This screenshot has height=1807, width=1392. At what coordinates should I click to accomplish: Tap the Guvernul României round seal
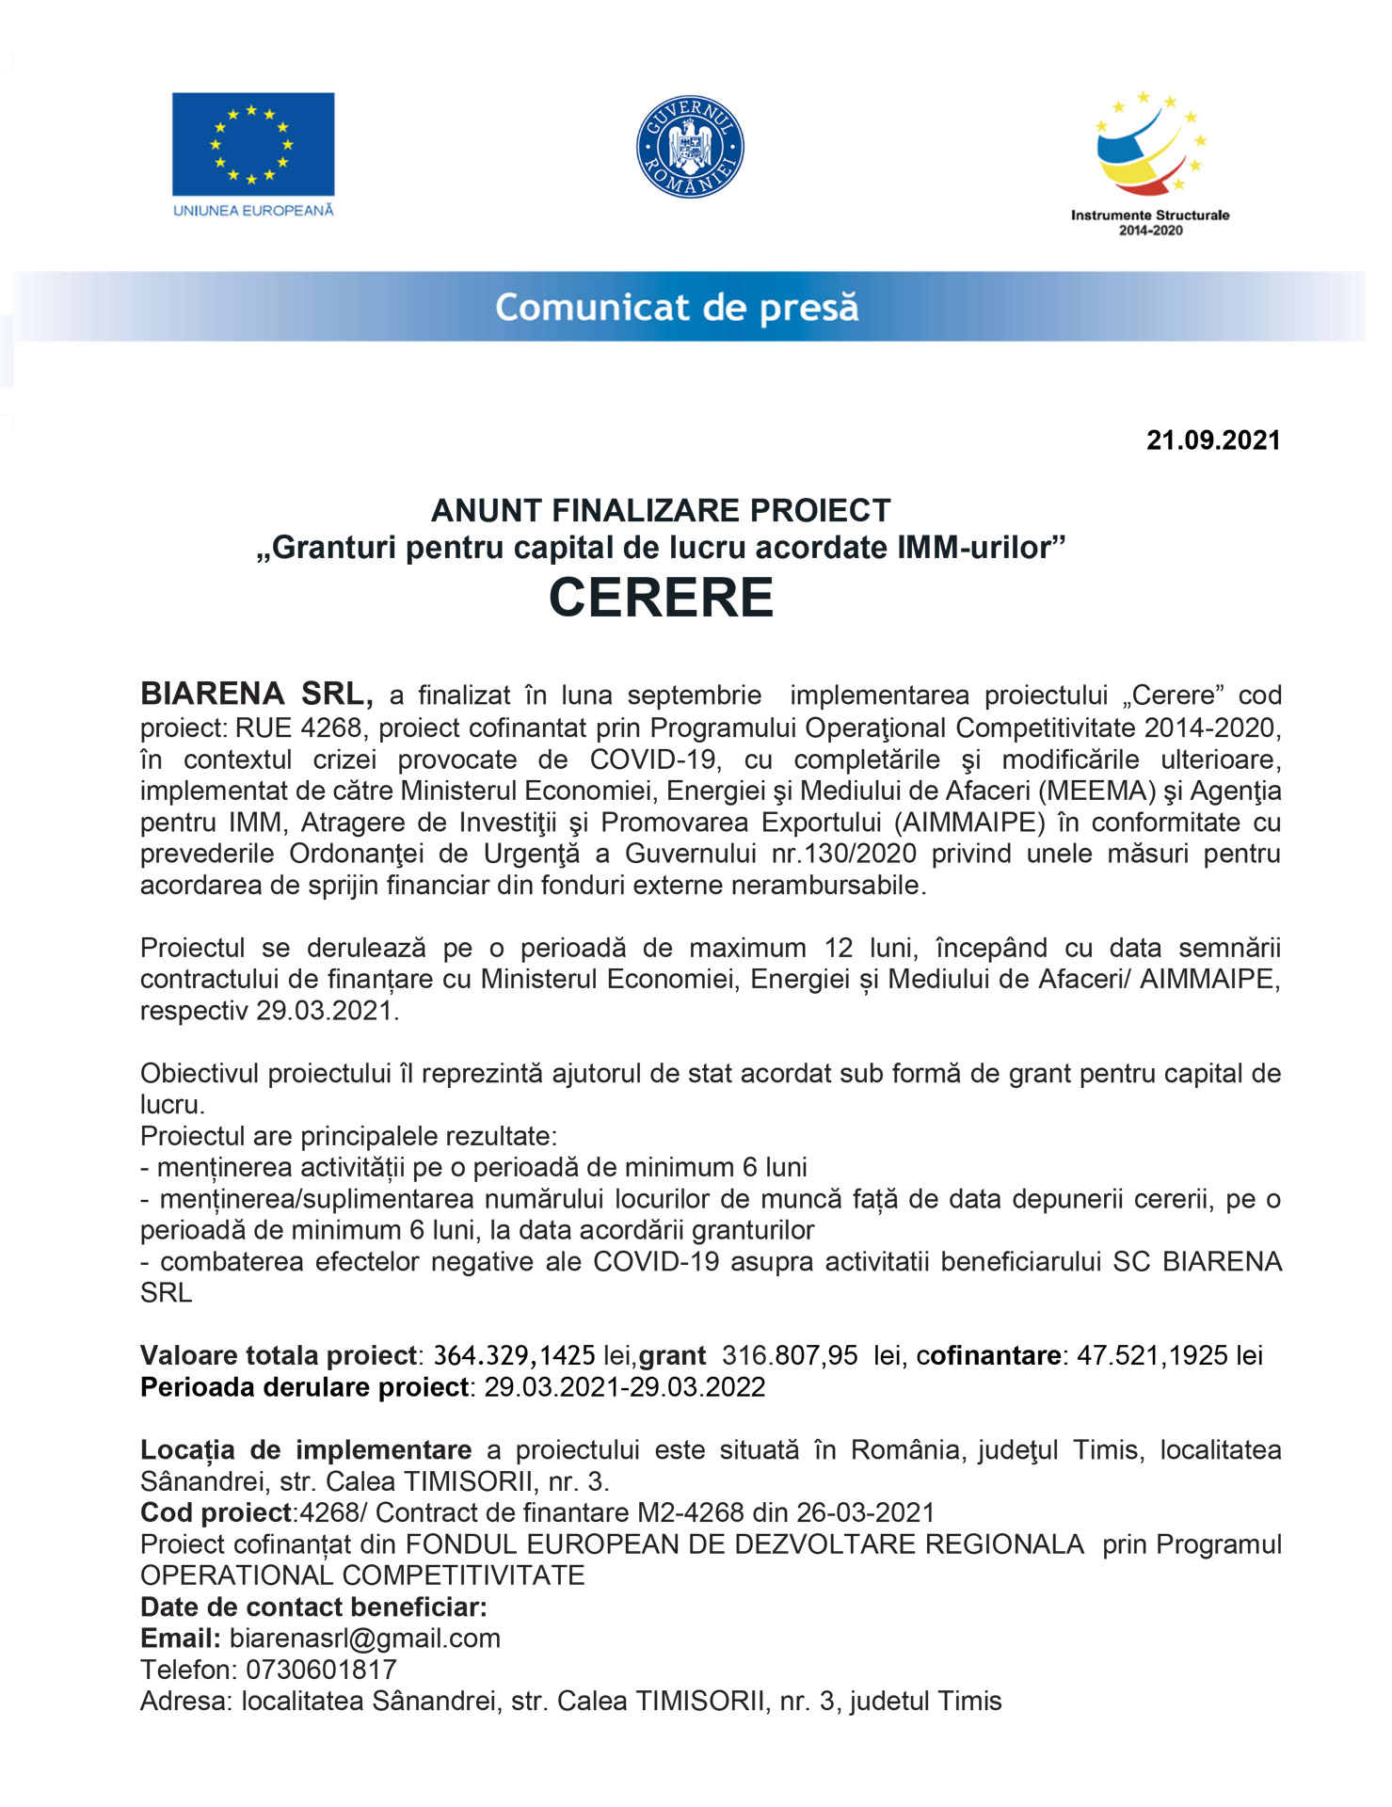pyautogui.click(x=690, y=146)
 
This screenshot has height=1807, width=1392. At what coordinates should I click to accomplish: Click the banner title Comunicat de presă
pyautogui.click(x=677, y=308)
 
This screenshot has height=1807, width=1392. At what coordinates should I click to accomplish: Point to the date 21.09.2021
pyautogui.click(x=1212, y=440)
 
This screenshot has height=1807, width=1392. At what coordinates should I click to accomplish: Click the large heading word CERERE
pyautogui.click(x=661, y=598)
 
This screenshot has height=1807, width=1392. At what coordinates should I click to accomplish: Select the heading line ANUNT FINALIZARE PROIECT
pyautogui.click(x=661, y=510)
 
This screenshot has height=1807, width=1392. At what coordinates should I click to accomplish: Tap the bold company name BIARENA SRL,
pyautogui.click(x=256, y=695)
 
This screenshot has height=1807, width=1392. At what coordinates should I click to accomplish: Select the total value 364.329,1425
pyautogui.click(x=514, y=1355)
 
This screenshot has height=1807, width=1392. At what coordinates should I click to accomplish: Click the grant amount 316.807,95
pyautogui.click(x=790, y=1355)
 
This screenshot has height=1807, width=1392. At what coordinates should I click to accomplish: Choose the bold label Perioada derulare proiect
pyautogui.click(x=304, y=1387)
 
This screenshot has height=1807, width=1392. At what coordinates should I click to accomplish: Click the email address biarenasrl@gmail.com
pyautogui.click(x=365, y=1639)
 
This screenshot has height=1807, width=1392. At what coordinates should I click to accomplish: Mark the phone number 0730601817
pyautogui.click(x=321, y=1670)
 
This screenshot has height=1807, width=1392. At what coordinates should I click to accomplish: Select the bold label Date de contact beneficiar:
pyautogui.click(x=313, y=1607)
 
